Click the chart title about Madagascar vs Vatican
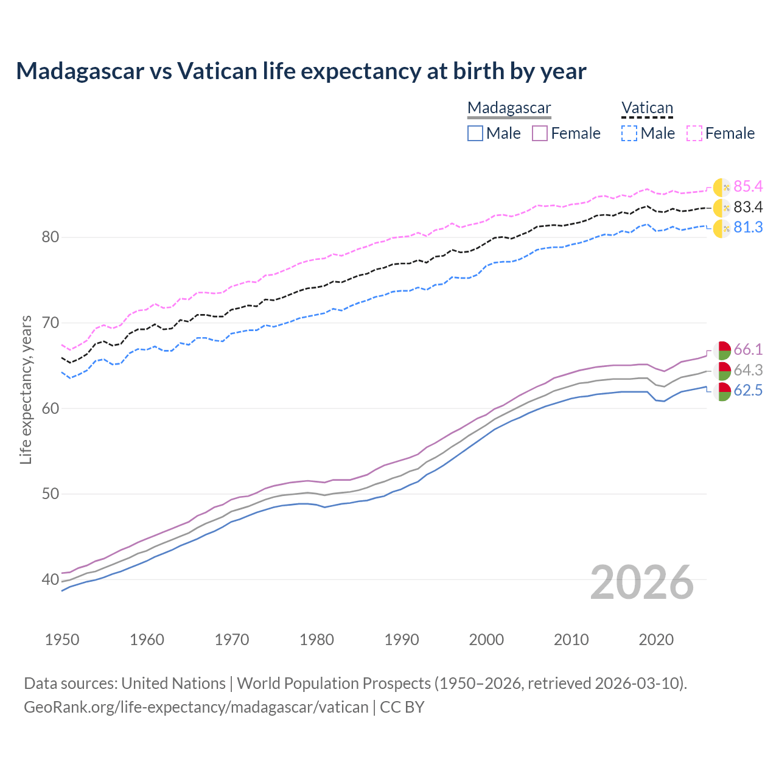click(x=301, y=71)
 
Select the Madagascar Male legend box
click(x=475, y=133)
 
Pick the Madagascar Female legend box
click(x=540, y=133)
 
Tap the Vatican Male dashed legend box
click(x=629, y=133)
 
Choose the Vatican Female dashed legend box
click(x=694, y=133)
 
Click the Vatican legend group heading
click(x=647, y=108)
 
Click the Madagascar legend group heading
click(x=509, y=108)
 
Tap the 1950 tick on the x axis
click(x=62, y=640)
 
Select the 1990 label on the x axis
click(x=402, y=640)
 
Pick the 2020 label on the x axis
click(x=656, y=640)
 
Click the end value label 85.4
click(x=748, y=186)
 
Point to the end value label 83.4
click(x=748, y=207)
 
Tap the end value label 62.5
click(x=748, y=391)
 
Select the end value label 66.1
click(x=748, y=349)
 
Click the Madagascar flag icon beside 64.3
click(x=722, y=371)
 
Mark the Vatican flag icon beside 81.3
click(x=722, y=228)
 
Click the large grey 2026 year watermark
click(x=642, y=582)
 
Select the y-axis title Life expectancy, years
click(x=26, y=389)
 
